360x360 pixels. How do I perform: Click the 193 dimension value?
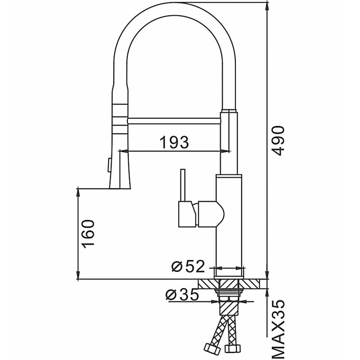click(174, 142)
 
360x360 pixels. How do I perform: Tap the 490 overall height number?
click(279, 141)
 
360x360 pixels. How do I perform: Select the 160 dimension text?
click(89, 234)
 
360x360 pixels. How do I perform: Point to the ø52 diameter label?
click(188, 266)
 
